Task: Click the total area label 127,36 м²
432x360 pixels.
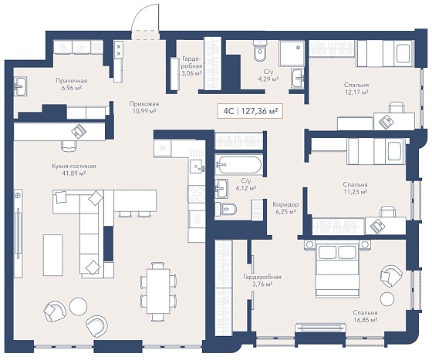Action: click(259, 112)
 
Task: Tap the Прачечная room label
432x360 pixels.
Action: click(71, 81)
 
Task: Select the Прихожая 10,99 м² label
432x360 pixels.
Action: click(143, 108)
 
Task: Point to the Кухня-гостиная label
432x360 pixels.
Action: click(74, 167)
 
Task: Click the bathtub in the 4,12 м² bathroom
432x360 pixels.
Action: click(238, 165)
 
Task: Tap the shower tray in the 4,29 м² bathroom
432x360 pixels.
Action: click(292, 54)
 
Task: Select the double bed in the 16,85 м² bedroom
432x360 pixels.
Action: click(337, 271)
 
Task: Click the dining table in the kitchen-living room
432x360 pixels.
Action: click(157, 291)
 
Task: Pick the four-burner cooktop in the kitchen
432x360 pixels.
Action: click(196, 194)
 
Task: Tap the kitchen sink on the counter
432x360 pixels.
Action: click(197, 166)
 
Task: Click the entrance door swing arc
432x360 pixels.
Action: click(143, 13)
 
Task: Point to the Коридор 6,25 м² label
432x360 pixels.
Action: click(285, 208)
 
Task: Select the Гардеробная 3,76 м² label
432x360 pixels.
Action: click(262, 281)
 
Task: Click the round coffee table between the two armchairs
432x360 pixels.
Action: click(78, 306)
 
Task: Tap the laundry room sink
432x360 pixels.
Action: click(20, 86)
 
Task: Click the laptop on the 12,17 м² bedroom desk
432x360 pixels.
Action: click(386, 121)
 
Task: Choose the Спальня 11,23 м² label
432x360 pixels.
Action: click(355, 188)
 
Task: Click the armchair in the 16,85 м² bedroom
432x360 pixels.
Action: click(391, 276)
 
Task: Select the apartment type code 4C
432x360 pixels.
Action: click(228, 112)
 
